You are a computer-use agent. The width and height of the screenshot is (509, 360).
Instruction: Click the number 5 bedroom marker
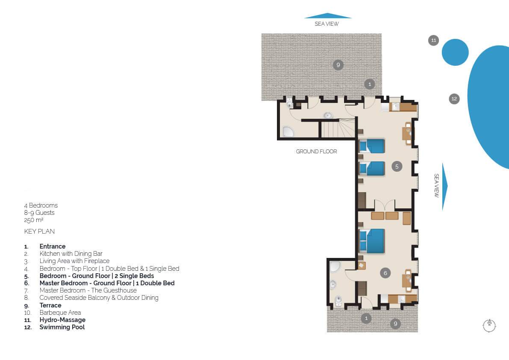(x=397, y=167)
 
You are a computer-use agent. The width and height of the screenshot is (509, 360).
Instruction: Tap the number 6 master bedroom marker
(x=385, y=273)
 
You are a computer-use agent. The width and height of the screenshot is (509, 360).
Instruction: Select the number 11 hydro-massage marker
(x=433, y=40)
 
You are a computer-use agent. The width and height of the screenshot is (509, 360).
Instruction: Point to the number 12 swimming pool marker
(x=454, y=99)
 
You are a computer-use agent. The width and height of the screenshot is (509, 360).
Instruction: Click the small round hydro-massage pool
(x=455, y=52)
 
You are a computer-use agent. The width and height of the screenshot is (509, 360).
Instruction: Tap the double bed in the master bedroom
(x=372, y=241)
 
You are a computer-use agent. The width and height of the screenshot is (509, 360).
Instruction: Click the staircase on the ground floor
(x=338, y=129)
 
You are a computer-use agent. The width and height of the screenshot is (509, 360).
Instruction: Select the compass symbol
(x=489, y=325)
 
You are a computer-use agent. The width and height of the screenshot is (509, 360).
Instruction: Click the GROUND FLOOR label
(x=316, y=152)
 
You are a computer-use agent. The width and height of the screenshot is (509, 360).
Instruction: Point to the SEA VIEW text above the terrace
(x=327, y=23)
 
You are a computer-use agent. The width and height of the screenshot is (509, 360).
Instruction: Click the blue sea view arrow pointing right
(x=445, y=186)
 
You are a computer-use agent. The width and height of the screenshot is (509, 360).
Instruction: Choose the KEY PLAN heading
(x=39, y=231)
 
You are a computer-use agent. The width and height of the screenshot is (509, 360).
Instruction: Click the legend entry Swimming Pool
(x=62, y=327)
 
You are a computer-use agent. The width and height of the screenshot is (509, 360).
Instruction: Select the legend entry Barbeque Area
(x=60, y=313)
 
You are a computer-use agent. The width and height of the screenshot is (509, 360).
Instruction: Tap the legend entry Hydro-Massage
(x=62, y=320)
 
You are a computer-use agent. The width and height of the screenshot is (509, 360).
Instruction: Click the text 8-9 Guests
(x=39, y=213)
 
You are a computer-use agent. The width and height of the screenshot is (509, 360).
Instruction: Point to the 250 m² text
(x=33, y=220)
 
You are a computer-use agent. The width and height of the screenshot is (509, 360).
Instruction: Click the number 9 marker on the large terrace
(x=338, y=65)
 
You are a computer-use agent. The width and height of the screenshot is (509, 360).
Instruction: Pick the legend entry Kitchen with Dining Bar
(x=71, y=254)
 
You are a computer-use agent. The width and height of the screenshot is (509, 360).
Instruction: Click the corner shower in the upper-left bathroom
(x=288, y=132)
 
